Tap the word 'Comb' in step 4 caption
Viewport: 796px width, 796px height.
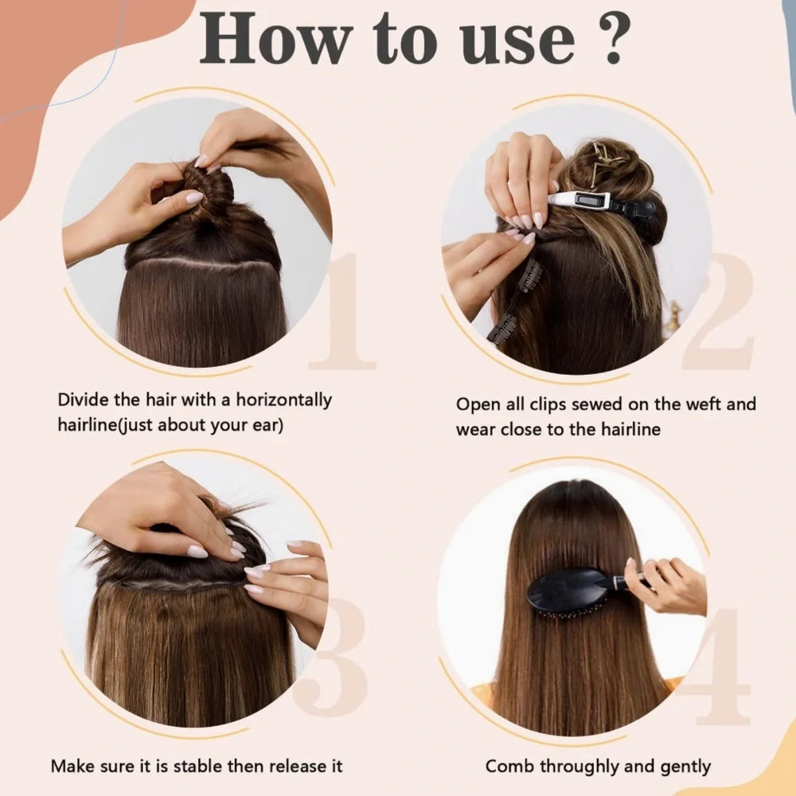click(509, 767)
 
